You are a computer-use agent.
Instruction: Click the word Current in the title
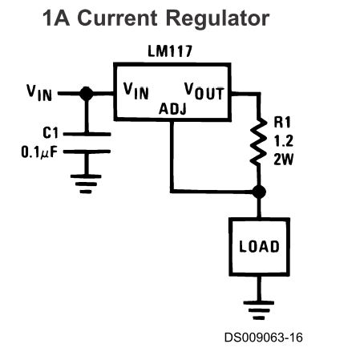pos(117,18)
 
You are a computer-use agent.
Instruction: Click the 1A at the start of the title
pos(56,18)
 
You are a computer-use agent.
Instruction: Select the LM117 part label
pos(170,51)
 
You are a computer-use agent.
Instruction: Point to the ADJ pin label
pos(172,109)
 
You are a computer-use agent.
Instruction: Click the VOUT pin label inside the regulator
pos(204,91)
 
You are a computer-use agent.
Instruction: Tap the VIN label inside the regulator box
pos(136,91)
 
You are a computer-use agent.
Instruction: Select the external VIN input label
pos(39,93)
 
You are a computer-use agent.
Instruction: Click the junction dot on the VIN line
pos(87,94)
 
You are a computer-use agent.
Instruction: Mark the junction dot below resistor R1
pos(259,192)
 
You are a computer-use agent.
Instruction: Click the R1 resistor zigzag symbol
pos(258,142)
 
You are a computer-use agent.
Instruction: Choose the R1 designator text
pos(282,123)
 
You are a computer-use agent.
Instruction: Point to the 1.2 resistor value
pos(284,141)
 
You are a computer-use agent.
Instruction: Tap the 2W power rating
pos(283,160)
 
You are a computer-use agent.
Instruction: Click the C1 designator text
pos(51,133)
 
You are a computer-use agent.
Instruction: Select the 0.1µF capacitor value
pos(39,152)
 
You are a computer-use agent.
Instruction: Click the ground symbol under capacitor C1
pos(86,184)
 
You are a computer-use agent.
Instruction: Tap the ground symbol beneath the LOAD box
pos(259,310)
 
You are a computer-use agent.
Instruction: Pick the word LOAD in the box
pos(259,246)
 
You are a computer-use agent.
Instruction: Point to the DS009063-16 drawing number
pos(264,338)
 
